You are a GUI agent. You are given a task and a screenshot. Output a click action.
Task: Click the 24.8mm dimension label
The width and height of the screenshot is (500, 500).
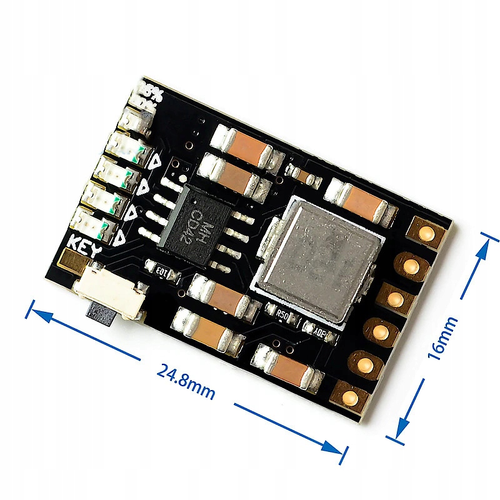point(186,381)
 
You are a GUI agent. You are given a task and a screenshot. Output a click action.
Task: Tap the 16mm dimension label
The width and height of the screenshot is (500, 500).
point(442,338)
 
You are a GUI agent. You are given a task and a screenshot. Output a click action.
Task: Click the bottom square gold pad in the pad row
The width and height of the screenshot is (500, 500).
point(351,396)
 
